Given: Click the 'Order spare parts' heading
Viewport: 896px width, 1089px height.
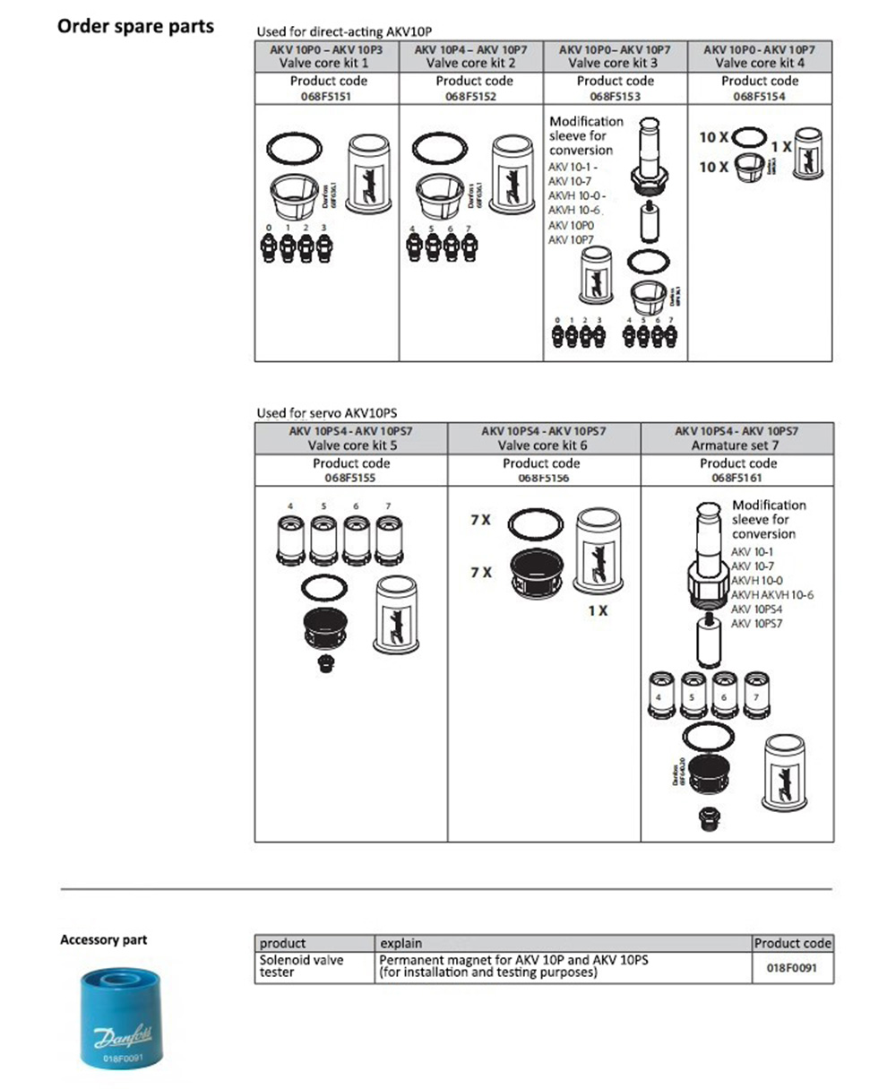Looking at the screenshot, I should pos(135,26).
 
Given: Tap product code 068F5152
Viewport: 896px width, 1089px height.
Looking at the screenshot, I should pos(471,96).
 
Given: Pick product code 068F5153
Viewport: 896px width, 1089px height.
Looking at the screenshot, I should pos(615,96).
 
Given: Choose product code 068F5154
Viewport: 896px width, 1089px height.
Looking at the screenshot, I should pos(759,96).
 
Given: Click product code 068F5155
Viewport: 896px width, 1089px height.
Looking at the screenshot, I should pos(350,479).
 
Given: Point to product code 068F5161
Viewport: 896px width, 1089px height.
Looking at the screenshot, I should pos(737,479).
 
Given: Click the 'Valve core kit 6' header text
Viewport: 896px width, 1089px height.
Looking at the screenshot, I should pos(543,445).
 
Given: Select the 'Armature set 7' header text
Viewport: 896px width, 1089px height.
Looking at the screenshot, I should pos(737,445).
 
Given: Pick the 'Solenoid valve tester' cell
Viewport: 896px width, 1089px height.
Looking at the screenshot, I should pos(301,966).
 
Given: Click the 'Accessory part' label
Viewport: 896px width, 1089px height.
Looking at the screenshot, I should pos(103,940).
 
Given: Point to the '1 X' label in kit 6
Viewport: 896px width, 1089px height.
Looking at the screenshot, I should pos(598,610).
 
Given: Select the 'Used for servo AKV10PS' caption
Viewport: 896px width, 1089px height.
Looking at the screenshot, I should pos(326,413).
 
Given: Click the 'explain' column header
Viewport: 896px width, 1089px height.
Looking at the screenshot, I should pos(401,943).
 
